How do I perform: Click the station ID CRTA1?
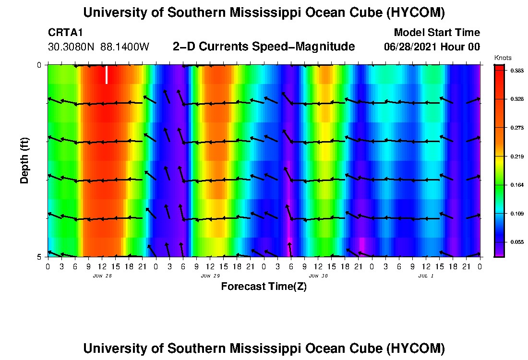tap(65, 33)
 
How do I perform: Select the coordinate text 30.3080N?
tap(71, 47)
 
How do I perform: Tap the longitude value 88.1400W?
tap(125, 47)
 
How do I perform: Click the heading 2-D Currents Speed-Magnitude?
tap(264, 47)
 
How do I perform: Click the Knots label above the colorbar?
tap(503, 58)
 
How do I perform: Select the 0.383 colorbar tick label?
tap(517, 71)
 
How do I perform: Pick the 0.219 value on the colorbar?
tap(517, 156)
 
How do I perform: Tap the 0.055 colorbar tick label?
tap(517, 242)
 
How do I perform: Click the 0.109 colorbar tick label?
tap(517, 214)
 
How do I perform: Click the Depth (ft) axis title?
tap(24, 160)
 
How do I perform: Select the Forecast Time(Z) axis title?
tap(264, 287)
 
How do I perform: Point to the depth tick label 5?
tap(39, 257)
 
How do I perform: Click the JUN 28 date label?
tap(102, 276)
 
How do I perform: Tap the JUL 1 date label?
tap(426, 276)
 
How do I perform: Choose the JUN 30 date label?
tap(318, 276)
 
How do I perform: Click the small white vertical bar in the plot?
tap(107, 75)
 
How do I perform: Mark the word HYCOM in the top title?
tap(416, 13)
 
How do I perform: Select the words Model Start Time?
tap(437, 33)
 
